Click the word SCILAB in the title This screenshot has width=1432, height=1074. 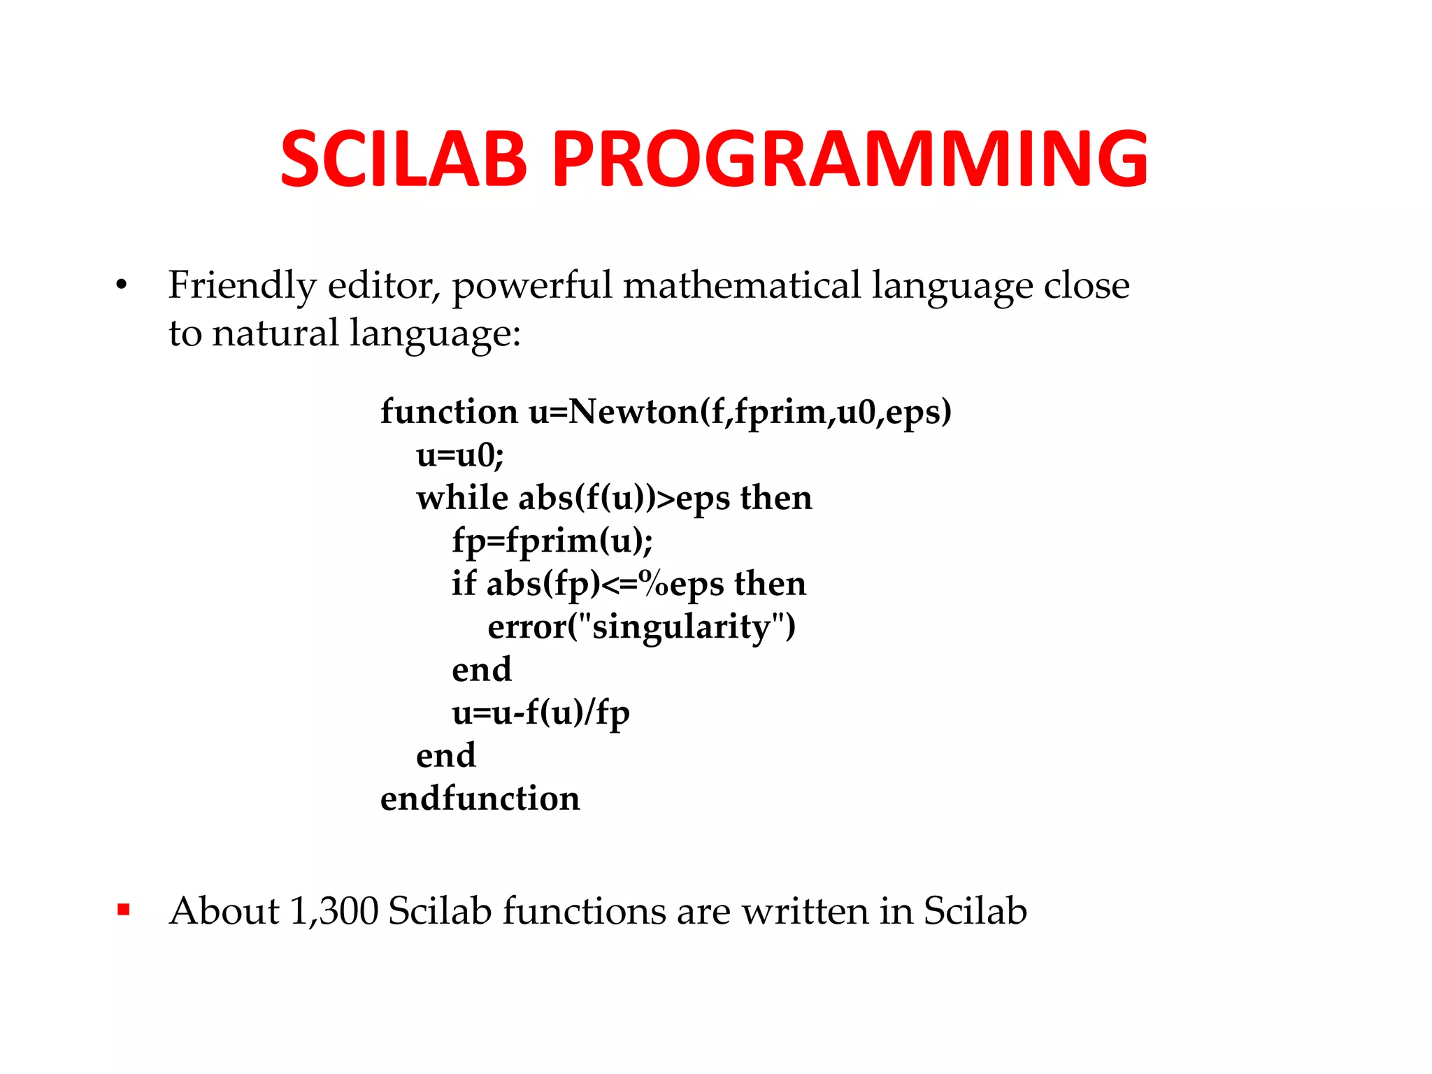[403, 159]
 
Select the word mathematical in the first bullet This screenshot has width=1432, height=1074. [741, 285]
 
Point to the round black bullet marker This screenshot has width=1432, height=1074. [122, 285]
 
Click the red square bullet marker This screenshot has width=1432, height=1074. [124, 910]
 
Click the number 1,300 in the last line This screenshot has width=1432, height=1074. [334, 911]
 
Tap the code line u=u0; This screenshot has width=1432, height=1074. [459, 455]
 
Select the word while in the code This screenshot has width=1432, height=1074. [461, 498]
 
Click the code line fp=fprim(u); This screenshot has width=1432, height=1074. [552, 540]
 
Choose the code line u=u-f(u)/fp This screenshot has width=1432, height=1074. [540, 713]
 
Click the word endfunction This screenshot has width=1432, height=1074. [480, 799]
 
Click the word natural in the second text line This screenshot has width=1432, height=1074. [275, 333]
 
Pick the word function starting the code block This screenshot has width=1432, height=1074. [449, 411]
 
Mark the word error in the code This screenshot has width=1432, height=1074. [527, 627]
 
